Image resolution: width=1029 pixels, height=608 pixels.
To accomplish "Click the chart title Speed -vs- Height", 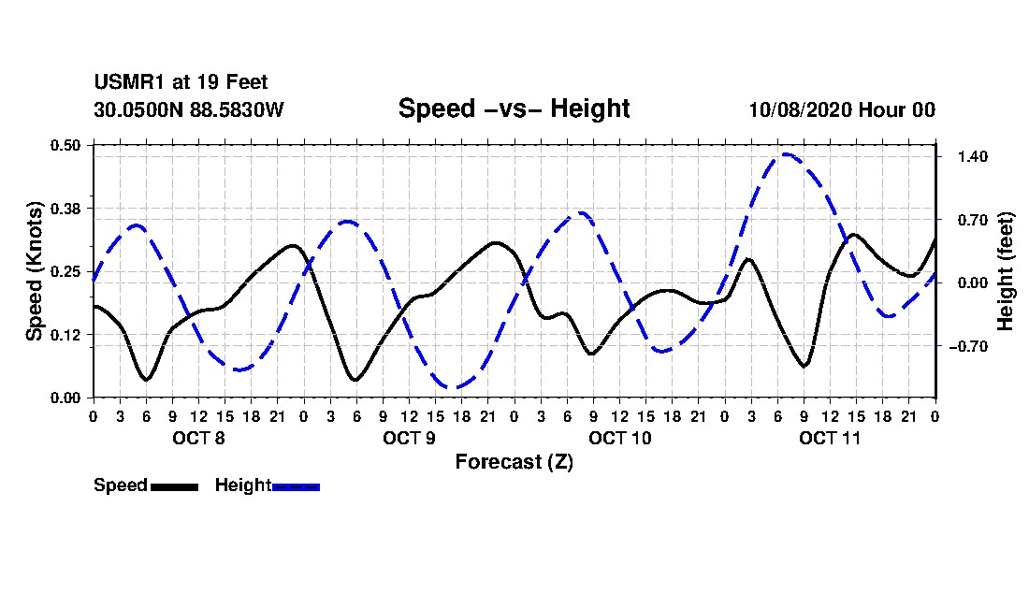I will tap(514, 109).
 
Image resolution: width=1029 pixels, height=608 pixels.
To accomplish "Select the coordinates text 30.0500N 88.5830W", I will tap(188, 109).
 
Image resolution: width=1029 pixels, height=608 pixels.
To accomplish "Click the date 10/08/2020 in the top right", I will tap(798, 109).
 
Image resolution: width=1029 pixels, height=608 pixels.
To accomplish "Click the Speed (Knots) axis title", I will tap(35, 270).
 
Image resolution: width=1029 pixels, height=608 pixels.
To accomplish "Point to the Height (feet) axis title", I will tap(1007, 270).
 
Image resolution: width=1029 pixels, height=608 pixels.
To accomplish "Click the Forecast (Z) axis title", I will tap(514, 462).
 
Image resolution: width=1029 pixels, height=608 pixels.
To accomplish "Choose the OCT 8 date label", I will tap(198, 438).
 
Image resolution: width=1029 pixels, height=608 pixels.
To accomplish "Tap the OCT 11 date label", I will tap(830, 438).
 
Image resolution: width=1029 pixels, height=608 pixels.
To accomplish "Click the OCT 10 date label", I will tap(619, 438).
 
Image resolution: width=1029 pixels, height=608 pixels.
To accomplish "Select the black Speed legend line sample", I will tap(174, 486).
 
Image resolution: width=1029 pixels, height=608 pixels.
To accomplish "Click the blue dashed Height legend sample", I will tap(296, 486).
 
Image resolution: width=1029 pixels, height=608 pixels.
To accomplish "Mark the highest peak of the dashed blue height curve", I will tap(786, 154).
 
